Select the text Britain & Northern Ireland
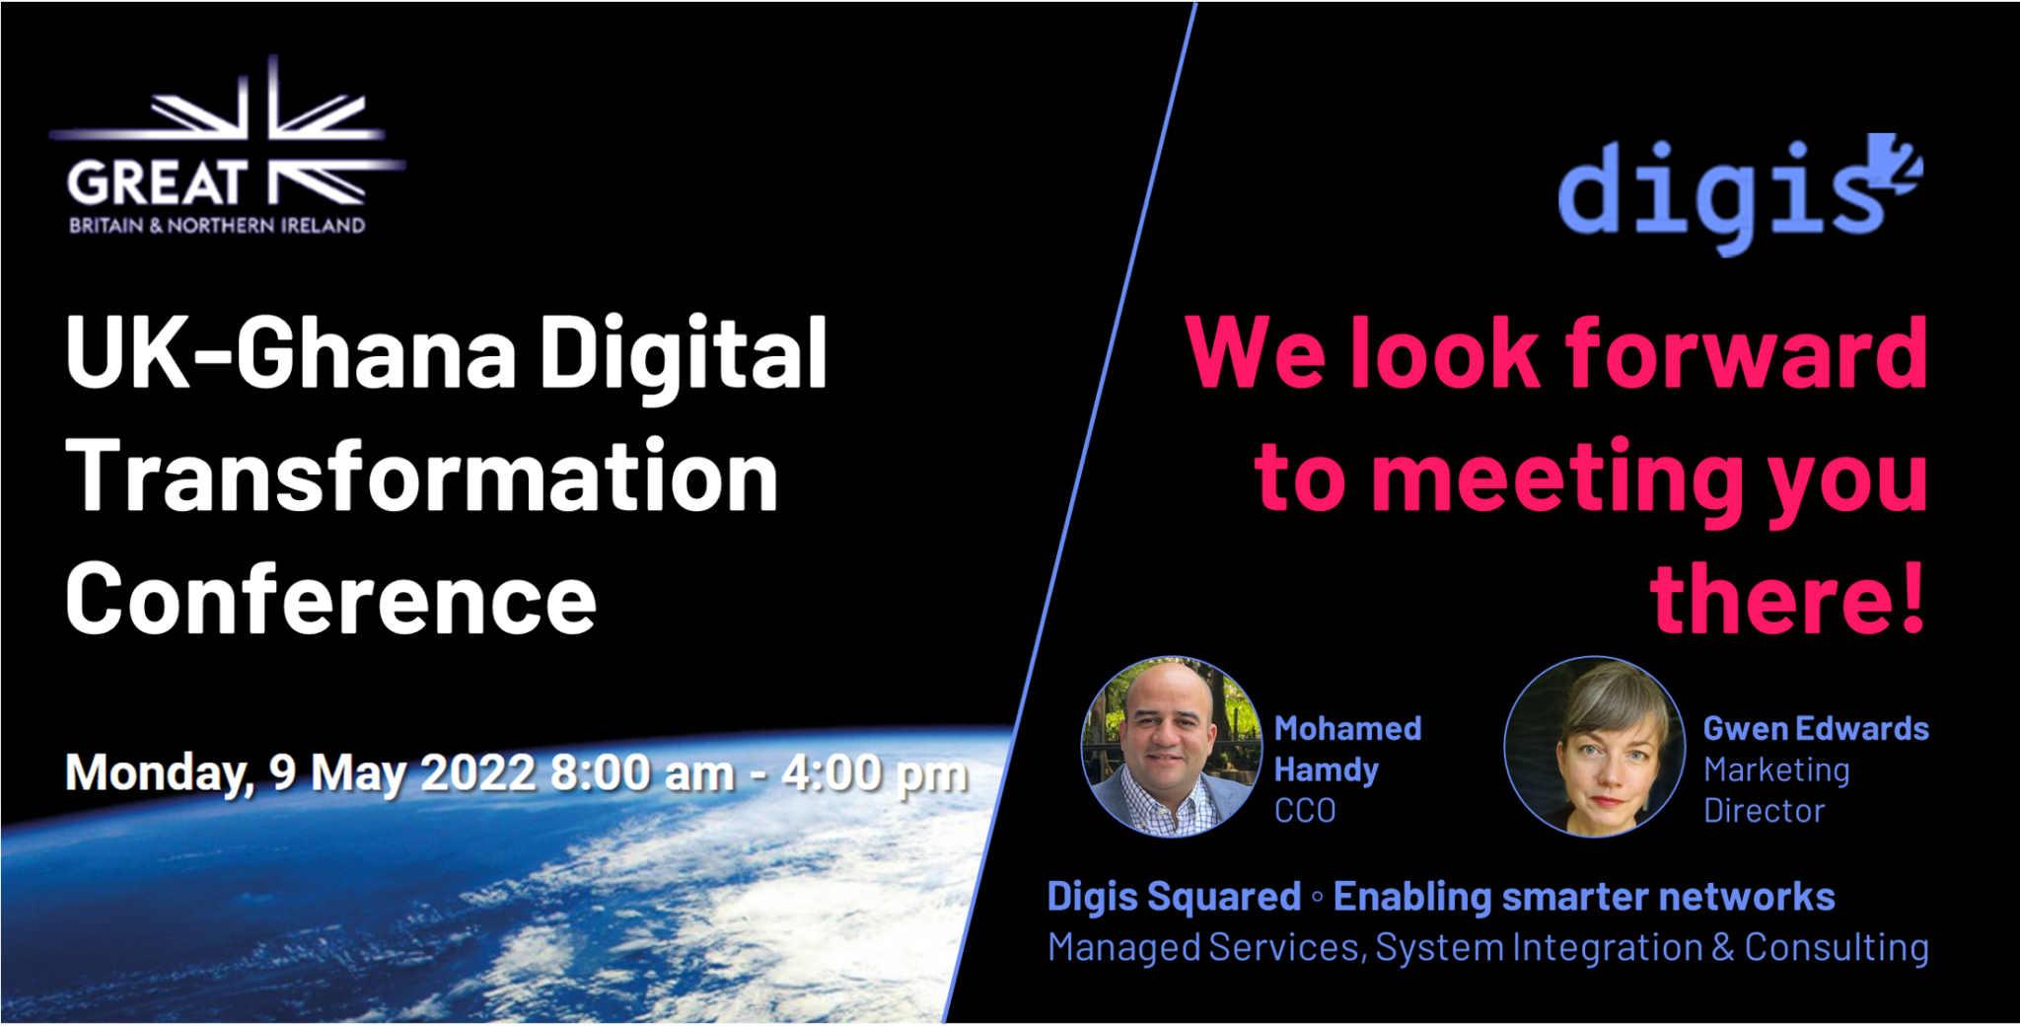pos(217,226)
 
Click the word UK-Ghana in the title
pos(291,353)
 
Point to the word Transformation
pos(422,476)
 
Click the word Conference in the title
pos(330,600)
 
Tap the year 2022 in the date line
pos(477,772)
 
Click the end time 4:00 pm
pos(874,774)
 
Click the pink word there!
pos(1787,600)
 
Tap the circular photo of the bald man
pos(1172,747)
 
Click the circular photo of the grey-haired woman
pos(1594,747)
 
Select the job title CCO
pos(1305,811)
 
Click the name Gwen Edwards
pos(1815,729)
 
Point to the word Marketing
pos(1776,769)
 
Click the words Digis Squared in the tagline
pos(1174,897)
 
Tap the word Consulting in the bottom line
pos(1837,947)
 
